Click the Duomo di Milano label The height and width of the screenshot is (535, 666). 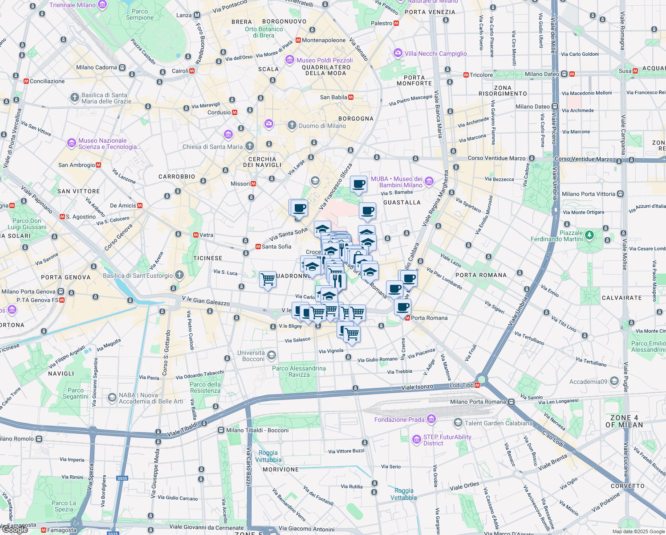coord(322,126)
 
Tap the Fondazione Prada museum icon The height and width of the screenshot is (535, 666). coord(431,419)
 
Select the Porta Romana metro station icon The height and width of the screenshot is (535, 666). coord(407,318)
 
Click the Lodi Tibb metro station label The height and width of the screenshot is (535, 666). coord(461,385)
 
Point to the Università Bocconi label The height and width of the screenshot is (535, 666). coord(251,356)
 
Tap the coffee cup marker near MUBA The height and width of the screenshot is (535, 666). coord(358,184)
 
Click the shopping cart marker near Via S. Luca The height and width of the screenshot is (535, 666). coord(268,280)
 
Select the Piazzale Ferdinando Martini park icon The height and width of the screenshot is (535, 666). coord(589,235)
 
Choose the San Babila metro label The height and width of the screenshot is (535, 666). coord(333,97)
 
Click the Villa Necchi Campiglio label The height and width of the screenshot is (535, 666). coord(435,53)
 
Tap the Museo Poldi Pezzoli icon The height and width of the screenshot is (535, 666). coord(290,60)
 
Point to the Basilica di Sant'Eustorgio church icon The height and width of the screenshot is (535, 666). coord(179,275)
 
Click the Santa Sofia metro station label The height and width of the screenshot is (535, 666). coord(276,247)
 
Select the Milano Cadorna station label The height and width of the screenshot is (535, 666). coord(96,67)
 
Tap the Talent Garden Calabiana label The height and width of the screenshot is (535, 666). coord(498,423)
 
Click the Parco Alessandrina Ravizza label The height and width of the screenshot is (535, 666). coord(299,371)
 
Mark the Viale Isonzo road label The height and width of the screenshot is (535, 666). coord(417,387)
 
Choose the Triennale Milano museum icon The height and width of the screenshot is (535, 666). coord(102,5)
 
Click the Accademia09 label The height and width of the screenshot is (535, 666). coord(588,382)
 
